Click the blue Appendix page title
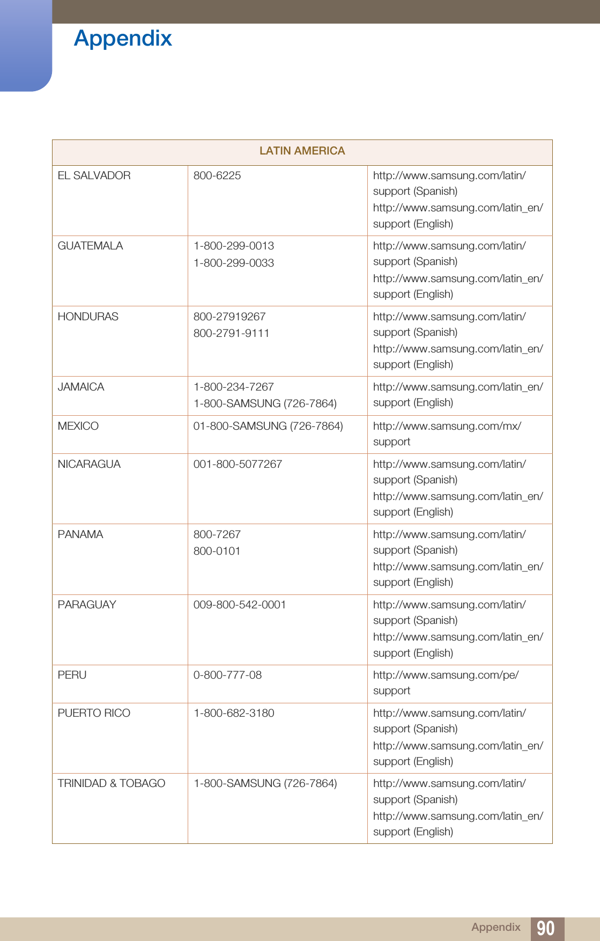(x=123, y=39)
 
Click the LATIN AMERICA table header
(x=302, y=151)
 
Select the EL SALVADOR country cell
(x=94, y=175)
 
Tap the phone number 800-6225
(x=217, y=175)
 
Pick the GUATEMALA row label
(x=90, y=246)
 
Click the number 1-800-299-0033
(x=233, y=263)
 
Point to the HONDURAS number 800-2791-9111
(x=231, y=333)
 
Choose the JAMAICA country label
(x=81, y=387)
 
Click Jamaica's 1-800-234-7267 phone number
(x=233, y=387)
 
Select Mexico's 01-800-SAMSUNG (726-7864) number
(x=268, y=426)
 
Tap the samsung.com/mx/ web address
(x=447, y=426)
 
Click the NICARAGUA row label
(x=89, y=464)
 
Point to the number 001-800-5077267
(x=238, y=464)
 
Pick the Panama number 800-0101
(x=217, y=551)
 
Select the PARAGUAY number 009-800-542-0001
(x=239, y=605)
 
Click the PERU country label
(x=72, y=675)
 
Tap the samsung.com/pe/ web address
(x=446, y=675)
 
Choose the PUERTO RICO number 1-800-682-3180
(x=233, y=713)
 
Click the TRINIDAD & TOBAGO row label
(x=111, y=783)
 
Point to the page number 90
(x=545, y=928)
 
